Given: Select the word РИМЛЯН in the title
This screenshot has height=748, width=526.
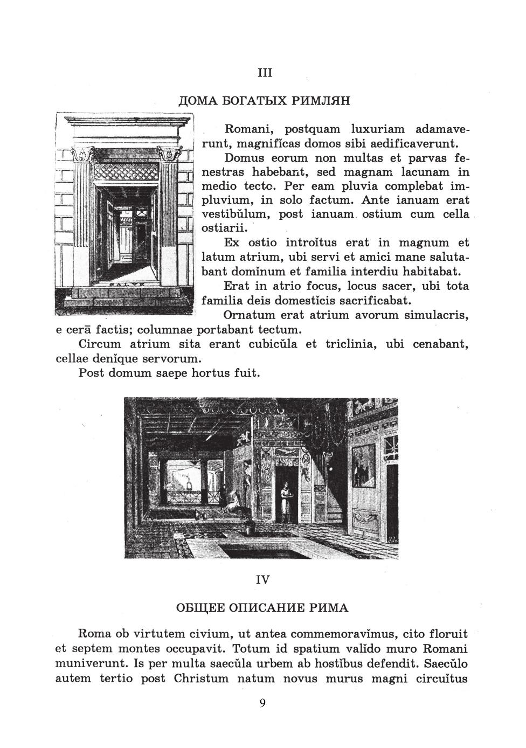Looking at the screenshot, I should (x=320, y=101).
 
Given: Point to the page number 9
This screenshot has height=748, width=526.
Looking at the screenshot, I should (x=262, y=703).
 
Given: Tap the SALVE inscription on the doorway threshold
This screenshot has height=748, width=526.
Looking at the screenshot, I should (x=125, y=285).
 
